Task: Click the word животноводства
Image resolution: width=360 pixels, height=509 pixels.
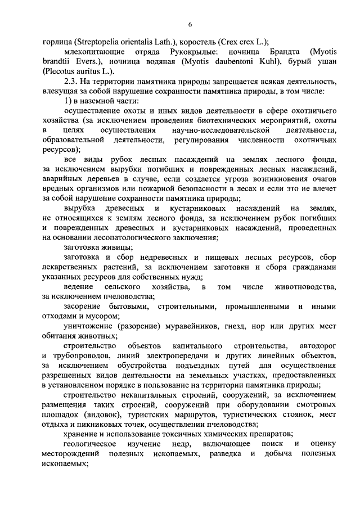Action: [x=307, y=288]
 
